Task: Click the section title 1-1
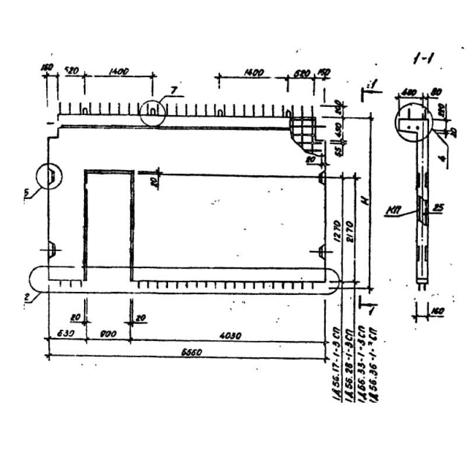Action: tap(425, 58)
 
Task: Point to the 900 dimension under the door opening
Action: tap(108, 334)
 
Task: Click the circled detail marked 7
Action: tap(152, 110)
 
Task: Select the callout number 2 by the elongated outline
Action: tap(26, 297)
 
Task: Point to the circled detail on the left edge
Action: tap(49, 175)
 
